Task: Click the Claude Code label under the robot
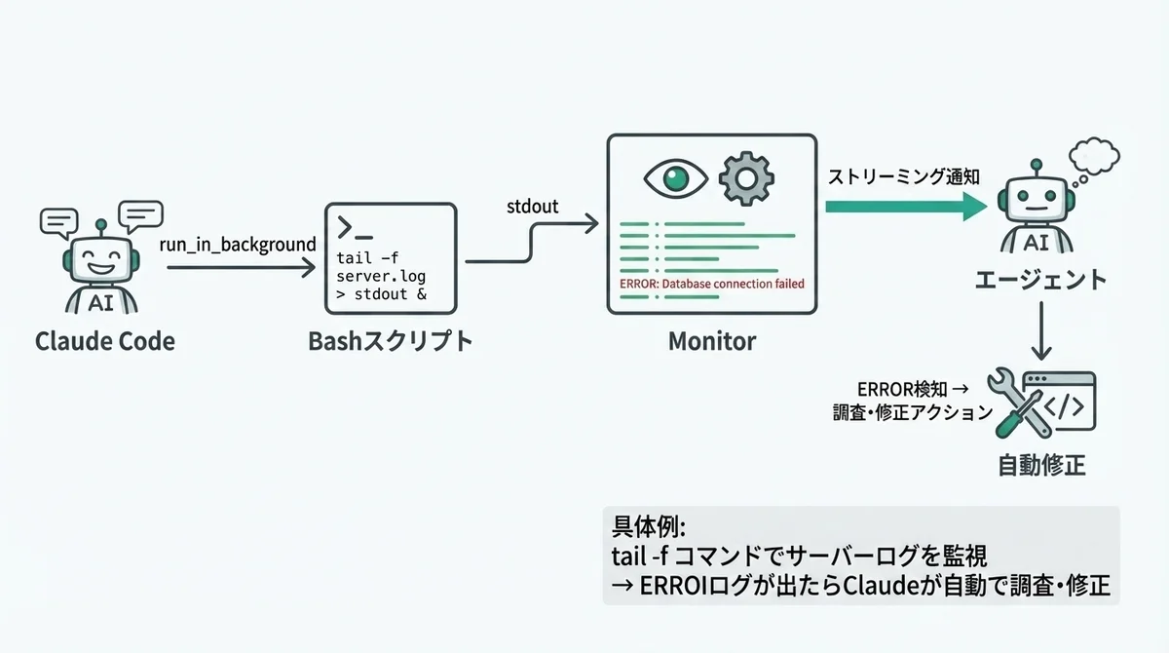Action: (x=105, y=341)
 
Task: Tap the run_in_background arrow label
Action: (x=239, y=244)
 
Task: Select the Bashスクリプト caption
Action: (x=390, y=341)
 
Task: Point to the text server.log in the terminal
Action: (x=380, y=276)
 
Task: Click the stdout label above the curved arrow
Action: (x=533, y=207)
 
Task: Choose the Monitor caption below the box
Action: (x=711, y=341)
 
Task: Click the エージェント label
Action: (x=1040, y=280)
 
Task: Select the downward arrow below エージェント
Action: (x=1041, y=331)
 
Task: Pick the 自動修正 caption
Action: (x=1041, y=465)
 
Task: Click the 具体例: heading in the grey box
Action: (x=649, y=526)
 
